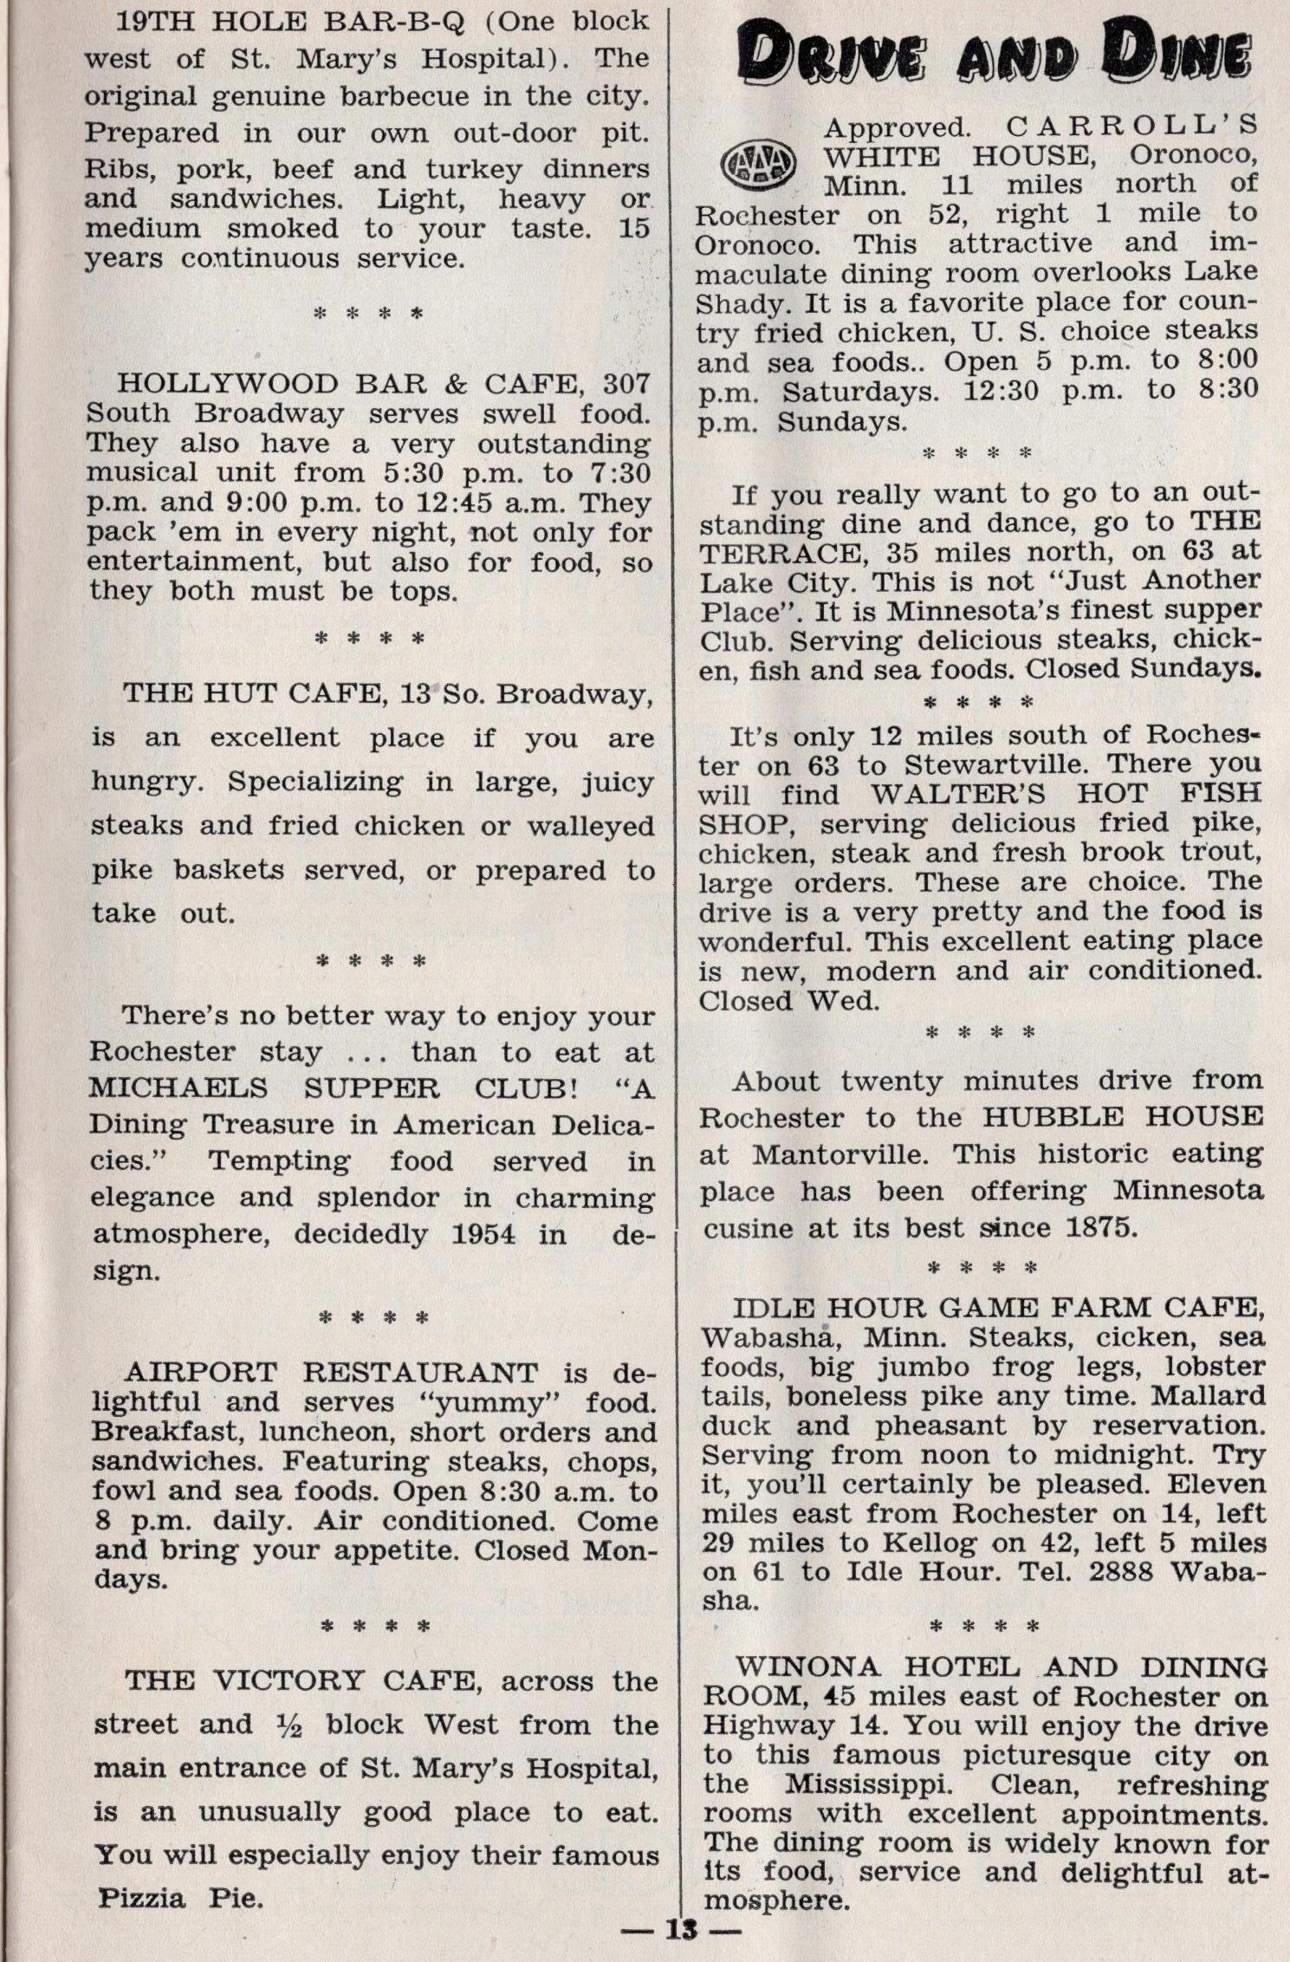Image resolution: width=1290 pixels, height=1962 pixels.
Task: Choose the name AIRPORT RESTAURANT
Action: [x=331, y=1373]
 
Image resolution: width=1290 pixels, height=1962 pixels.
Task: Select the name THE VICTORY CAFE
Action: [x=302, y=1681]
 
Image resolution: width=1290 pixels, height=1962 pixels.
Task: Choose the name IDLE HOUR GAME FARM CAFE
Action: [x=996, y=1307]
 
